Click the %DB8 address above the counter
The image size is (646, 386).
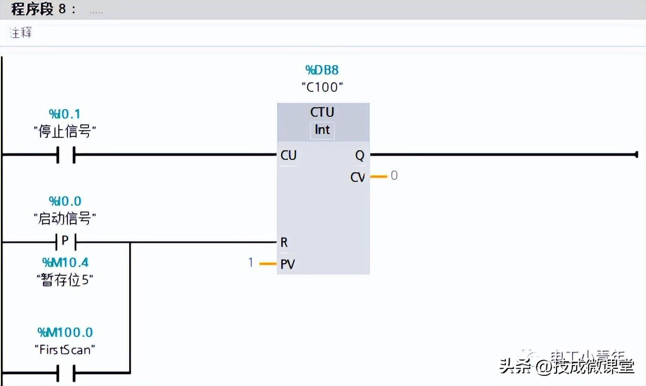click(322, 70)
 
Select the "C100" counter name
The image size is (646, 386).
click(323, 87)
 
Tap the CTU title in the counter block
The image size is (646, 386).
click(322, 112)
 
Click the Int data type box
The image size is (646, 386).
click(322, 130)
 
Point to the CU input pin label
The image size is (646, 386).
click(289, 155)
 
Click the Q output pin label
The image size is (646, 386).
click(359, 155)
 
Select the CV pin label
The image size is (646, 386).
click(357, 177)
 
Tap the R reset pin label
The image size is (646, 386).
click(284, 242)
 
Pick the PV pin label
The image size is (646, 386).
click(288, 264)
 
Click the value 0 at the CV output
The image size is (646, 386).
click(394, 176)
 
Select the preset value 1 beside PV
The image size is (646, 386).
click(250, 262)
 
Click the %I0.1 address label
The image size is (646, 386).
click(65, 114)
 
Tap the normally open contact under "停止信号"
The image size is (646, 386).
click(65, 155)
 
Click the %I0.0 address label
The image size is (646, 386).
click(65, 201)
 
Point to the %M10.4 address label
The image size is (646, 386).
click(65, 262)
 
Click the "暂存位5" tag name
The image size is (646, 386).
click(65, 280)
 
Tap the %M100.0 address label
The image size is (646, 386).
click(65, 332)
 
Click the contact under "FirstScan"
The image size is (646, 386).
click(65, 373)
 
